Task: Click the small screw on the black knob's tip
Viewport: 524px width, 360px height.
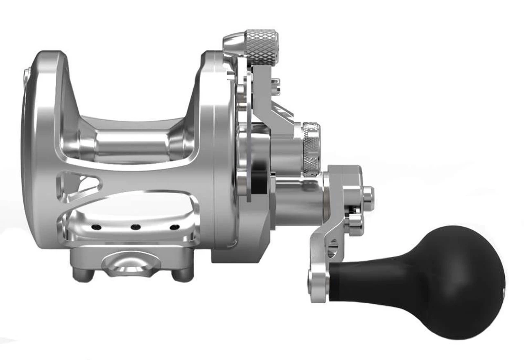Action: coord(503,291)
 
